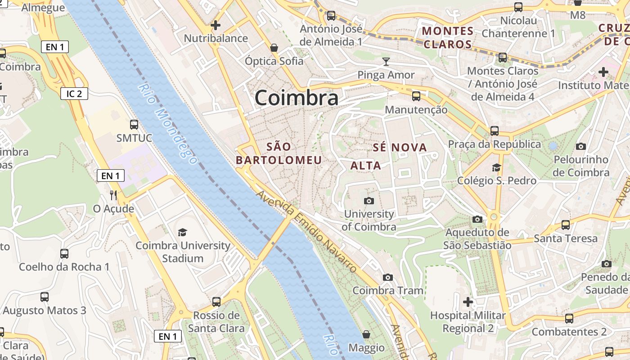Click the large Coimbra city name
pyautogui.click(x=296, y=98)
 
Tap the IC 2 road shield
pyautogui.click(x=74, y=94)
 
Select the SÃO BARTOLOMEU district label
pyautogui.click(x=279, y=153)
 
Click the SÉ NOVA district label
pyautogui.click(x=400, y=148)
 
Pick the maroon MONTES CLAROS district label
pyautogui.click(x=448, y=38)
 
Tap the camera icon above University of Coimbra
pyautogui.click(x=369, y=201)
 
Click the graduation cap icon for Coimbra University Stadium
pyautogui.click(x=182, y=232)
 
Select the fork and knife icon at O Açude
pyautogui.click(x=113, y=195)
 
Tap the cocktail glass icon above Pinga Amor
pyautogui.click(x=386, y=61)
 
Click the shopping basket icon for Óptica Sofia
pyautogui.click(x=274, y=47)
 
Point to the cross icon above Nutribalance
pyautogui.click(x=216, y=25)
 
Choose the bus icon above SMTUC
pyautogui.click(x=134, y=124)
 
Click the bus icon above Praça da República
pyautogui.click(x=495, y=131)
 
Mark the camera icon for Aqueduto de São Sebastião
pyautogui.click(x=477, y=219)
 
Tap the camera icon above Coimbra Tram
pyautogui.click(x=388, y=277)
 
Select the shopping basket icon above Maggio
pyautogui.click(x=366, y=334)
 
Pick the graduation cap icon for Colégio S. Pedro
pyautogui.click(x=496, y=167)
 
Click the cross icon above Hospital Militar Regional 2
pyautogui.click(x=468, y=301)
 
